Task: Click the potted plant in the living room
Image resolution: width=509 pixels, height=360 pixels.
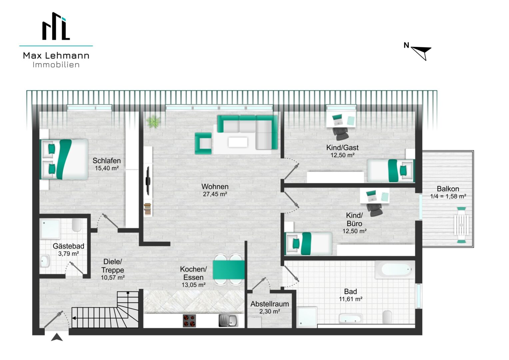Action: [153, 121]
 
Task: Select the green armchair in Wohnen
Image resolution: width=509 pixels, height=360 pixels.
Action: [203, 143]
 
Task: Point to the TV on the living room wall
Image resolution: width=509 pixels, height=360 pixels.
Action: [148, 181]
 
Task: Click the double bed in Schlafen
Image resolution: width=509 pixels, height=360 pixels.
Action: [64, 159]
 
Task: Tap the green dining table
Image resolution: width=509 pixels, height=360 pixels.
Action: [229, 270]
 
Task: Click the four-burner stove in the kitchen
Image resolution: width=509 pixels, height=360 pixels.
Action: [189, 321]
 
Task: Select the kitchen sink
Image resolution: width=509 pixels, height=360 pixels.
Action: [229, 321]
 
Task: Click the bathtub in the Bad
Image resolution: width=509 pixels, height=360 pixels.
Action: [395, 270]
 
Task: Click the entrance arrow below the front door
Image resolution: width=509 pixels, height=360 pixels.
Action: [57, 337]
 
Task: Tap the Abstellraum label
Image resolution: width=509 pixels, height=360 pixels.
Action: [270, 304]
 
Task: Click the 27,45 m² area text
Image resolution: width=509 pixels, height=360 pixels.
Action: [215, 194]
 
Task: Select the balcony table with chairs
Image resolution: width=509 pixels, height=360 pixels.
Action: [461, 225]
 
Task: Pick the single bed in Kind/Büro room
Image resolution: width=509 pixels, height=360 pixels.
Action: [308, 244]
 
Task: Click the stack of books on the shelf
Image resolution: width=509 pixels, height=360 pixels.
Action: [148, 209]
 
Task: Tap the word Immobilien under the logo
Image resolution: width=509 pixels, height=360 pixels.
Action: [56, 65]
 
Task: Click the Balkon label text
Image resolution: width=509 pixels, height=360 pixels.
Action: [448, 189]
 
